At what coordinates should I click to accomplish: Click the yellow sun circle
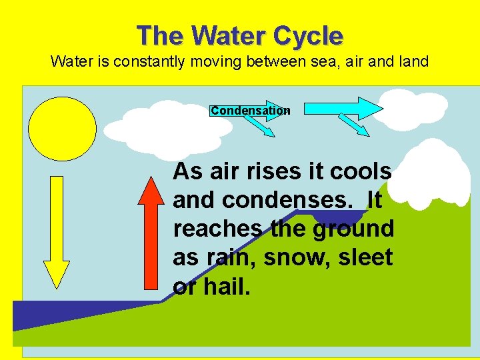pyautogui.click(x=62, y=129)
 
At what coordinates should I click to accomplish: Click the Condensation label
pyautogui.click(x=250, y=111)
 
